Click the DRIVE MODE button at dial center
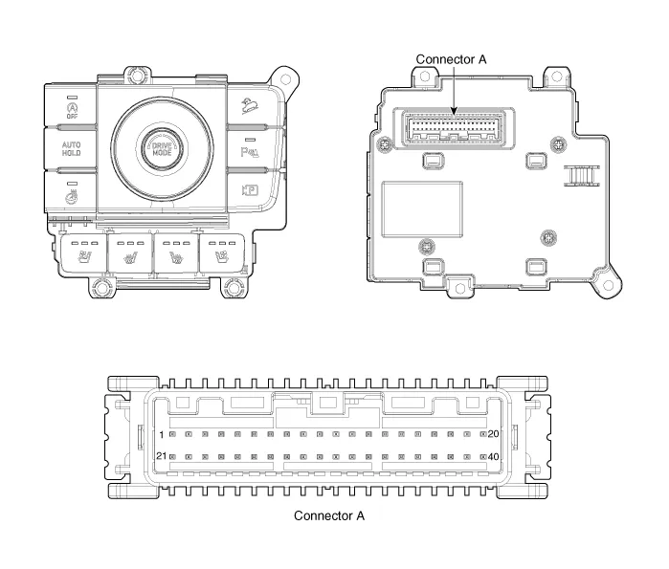[162, 149]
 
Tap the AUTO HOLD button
[71, 149]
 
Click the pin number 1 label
[162, 435]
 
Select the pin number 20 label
[493, 434]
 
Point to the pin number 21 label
[162, 455]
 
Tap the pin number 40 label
[493, 457]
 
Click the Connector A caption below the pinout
[329, 515]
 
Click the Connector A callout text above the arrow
[451, 59]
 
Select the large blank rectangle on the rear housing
[422, 209]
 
